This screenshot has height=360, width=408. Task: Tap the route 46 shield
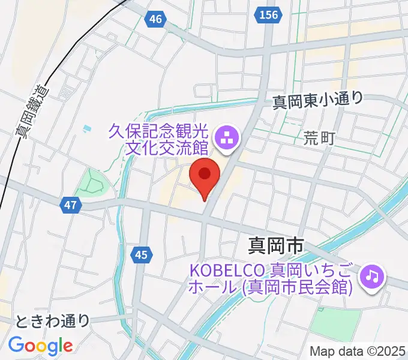156,20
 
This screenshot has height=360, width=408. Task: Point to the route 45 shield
140,255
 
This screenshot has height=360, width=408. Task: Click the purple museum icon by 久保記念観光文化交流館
227,139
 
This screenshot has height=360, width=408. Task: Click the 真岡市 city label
277,245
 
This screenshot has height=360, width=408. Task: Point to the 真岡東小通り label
318,100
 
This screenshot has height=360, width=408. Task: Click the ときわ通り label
53,321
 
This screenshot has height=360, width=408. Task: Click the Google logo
40,346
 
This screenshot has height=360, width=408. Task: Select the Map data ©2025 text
357,351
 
